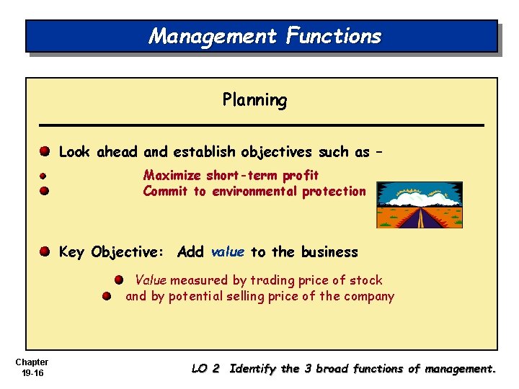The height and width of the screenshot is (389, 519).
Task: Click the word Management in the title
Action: [211, 36]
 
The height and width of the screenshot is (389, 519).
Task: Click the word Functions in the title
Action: [333, 36]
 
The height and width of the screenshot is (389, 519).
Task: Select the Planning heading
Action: [254, 100]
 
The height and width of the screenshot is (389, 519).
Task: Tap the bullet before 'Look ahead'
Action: [44, 152]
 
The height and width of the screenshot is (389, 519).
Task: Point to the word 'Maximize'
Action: [173, 175]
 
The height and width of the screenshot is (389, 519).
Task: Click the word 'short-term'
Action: [233, 175]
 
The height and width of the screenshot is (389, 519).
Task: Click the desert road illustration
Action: [420, 205]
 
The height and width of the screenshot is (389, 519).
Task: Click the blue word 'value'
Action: [228, 251]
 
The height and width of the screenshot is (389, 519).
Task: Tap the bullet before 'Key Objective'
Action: [44, 251]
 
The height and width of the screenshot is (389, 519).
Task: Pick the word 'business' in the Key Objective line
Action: [329, 251]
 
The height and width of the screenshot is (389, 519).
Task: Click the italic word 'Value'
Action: [151, 280]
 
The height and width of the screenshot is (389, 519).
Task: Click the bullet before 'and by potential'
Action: [106, 296]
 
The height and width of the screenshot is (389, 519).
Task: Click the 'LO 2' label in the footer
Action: [205, 369]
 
